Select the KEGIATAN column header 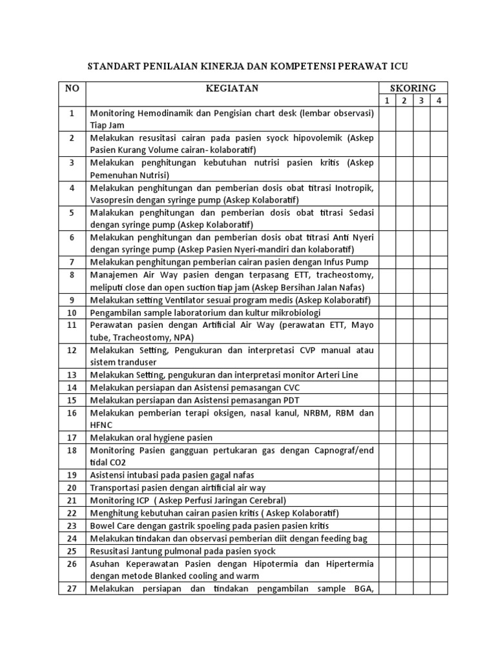pos(231,88)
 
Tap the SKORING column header pos(413,88)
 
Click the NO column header pos(72,88)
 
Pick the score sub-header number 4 pos(439,100)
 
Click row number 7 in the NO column pos(72,262)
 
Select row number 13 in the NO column pos(72,375)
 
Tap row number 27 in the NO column pos(72,589)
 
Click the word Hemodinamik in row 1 pos(163,112)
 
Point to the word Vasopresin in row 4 pos(114,200)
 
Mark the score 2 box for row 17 pos(404,438)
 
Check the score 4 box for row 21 pos(439,500)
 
